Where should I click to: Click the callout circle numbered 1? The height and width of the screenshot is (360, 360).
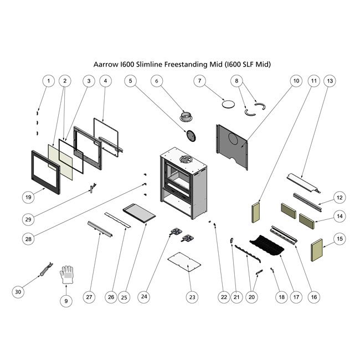(48, 81)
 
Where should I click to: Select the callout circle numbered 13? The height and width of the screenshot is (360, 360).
(331, 81)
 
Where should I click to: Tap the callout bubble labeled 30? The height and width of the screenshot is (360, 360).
(19, 291)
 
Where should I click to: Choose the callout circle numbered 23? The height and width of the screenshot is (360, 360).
(192, 297)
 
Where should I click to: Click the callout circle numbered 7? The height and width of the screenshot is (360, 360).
(199, 81)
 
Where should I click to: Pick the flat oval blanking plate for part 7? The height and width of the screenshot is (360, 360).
(227, 104)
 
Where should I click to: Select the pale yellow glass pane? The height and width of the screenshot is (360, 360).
(61, 161)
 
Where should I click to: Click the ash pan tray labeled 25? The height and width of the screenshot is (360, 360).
(138, 213)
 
